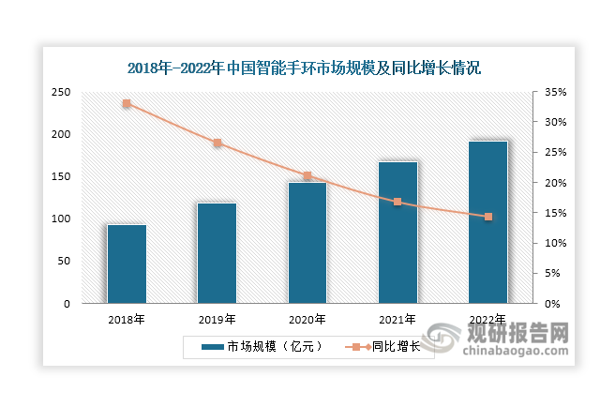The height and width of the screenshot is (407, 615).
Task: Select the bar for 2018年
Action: pyautogui.click(x=127, y=264)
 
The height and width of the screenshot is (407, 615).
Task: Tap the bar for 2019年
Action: pyautogui.click(x=217, y=252)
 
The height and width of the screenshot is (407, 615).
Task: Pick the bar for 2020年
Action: pyautogui.click(x=307, y=242)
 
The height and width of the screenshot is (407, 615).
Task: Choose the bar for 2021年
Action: pyautogui.click(x=397, y=232)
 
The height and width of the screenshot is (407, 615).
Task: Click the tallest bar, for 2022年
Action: pyautogui.click(x=487, y=222)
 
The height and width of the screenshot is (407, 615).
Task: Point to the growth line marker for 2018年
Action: pyautogui.click(x=127, y=103)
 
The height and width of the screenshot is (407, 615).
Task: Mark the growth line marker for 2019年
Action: pyautogui.click(x=217, y=143)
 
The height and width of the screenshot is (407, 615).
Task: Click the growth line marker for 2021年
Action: pyautogui.click(x=397, y=202)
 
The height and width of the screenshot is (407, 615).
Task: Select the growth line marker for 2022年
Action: pyautogui.click(x=487, y=217)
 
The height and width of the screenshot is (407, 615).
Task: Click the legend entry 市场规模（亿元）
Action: pyautogui.click(x=263, y=346)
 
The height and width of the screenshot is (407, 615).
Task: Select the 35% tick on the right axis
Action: pyautogui.click(x=557, y=92)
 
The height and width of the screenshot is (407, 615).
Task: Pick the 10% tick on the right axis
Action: pyautogui.click(x=557, y=243)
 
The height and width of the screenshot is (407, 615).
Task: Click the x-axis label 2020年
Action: pyautogui.click(x=307, y=319)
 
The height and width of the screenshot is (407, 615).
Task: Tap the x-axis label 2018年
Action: pyautogui.click(x=127, y=319)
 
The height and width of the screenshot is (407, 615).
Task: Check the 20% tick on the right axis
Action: pyautogui.click(x=557, y=183)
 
